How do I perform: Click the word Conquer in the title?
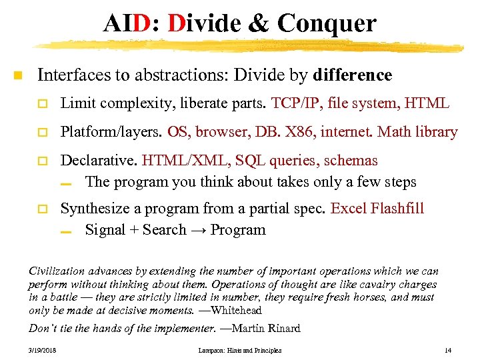[x=327, y=23]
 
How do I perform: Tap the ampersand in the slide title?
[x=257, y=23]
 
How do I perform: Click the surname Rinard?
[x=281, y=328]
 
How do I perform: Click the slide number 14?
[x=447, y=350]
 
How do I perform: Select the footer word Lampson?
[x=211, y=350]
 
